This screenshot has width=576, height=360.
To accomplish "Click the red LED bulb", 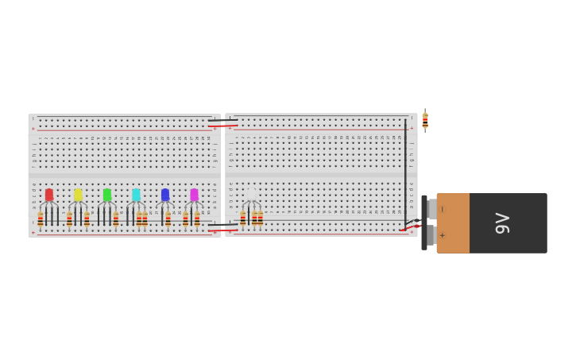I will [49, 195].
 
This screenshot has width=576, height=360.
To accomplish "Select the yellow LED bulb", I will [78, 195].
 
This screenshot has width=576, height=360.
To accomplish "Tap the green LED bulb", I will [107, 195].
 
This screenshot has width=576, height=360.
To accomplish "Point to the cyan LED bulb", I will [136, 195].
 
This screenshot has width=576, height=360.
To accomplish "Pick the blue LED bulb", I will [165, 195].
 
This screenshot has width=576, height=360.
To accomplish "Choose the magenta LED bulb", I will [194, 195].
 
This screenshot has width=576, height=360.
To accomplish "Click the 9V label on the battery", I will [502, 223].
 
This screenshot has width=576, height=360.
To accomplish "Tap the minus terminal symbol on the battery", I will [443, 210].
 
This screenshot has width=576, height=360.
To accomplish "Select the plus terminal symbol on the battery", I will [443, 235].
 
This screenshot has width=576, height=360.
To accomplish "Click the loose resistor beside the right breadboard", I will [425, 121].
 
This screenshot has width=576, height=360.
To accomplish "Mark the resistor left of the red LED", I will [41, 219].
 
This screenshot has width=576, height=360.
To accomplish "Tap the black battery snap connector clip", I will [424, 223].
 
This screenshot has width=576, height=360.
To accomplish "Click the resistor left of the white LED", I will [243, 218].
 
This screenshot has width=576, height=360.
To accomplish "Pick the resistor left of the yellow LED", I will [70, 219].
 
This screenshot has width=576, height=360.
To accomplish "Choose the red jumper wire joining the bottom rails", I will [222, 230].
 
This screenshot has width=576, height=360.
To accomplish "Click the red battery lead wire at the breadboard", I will [410, 228].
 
